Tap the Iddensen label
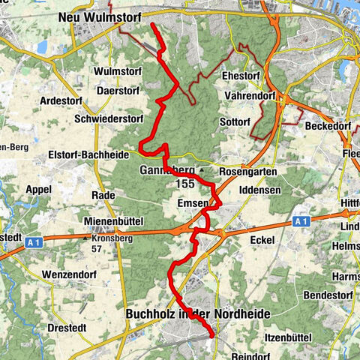(259, 191)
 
